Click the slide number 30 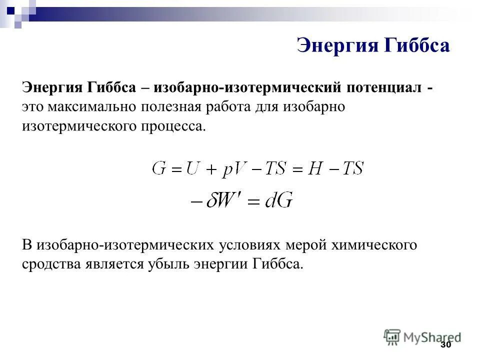445,345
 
